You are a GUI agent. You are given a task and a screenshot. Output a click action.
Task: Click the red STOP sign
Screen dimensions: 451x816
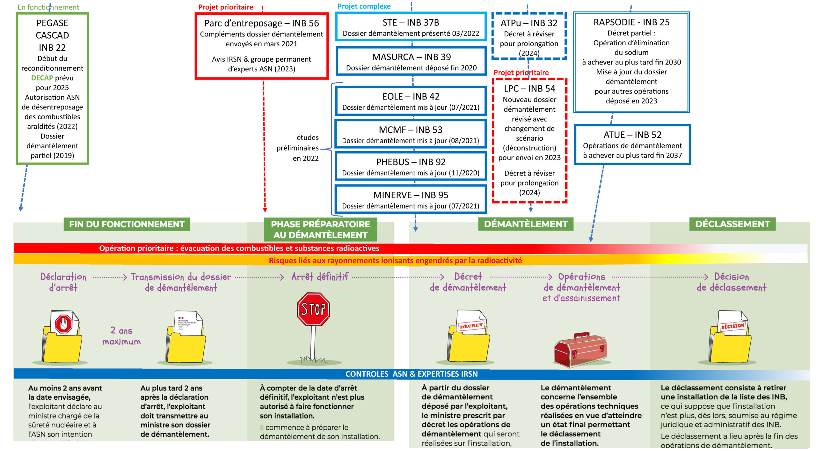pos(313,309)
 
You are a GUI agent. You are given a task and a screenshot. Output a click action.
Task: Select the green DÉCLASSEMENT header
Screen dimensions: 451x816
pos(732,224)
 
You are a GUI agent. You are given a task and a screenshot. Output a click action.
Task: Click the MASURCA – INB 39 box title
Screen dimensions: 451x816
pos(411,57)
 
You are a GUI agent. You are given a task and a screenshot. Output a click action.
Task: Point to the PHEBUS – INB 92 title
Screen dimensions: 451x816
pos(411,162)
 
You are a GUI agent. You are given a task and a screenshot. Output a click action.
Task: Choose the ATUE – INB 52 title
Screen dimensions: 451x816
pos(632,135)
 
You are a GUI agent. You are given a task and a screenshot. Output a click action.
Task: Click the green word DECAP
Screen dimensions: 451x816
pos(42,78)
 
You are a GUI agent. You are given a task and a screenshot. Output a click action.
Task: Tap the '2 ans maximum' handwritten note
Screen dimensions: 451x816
pos(121,336)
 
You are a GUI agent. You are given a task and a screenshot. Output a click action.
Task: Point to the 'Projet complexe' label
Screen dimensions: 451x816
pos(364,6)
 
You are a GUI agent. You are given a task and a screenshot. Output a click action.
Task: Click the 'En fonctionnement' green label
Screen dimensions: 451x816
pos(48,7)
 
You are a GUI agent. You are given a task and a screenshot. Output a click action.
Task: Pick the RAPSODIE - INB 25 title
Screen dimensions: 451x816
pos(631,22)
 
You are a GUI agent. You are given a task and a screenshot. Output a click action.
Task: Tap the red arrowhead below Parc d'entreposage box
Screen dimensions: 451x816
pos(265,210)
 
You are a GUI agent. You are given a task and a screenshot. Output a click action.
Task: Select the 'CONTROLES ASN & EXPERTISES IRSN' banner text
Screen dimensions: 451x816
pos(412,374)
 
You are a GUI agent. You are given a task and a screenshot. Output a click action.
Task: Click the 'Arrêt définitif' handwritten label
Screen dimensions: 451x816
pos(319,277)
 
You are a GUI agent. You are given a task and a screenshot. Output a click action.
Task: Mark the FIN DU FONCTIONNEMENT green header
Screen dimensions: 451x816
pos(127,224)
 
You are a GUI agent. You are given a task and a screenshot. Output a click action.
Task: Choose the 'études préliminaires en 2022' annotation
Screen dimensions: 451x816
pos(298,148)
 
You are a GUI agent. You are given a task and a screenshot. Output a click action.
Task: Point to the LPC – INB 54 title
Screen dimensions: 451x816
pos(529,88)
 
